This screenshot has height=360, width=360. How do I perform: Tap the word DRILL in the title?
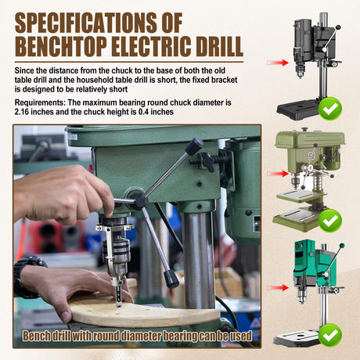[x=220, y=46]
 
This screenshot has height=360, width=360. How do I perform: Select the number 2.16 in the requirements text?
[x=22, y=112]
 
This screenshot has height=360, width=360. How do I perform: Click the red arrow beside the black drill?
[x=278, y=63]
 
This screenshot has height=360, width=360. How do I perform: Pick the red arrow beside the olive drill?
[x=278, y=174]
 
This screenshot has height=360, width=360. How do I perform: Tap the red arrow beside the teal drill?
[x=278, y=288]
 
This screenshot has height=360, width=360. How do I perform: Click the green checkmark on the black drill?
[x=330, y=109]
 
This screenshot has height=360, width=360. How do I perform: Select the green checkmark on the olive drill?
[x=330, y=221]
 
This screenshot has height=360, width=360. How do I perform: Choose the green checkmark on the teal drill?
[x=330, y=335]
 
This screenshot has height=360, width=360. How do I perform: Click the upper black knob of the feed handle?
[x=194, y=146]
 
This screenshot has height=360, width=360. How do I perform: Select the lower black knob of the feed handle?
[x=171, y=279]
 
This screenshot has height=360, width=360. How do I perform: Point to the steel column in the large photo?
[x=198, y=258]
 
